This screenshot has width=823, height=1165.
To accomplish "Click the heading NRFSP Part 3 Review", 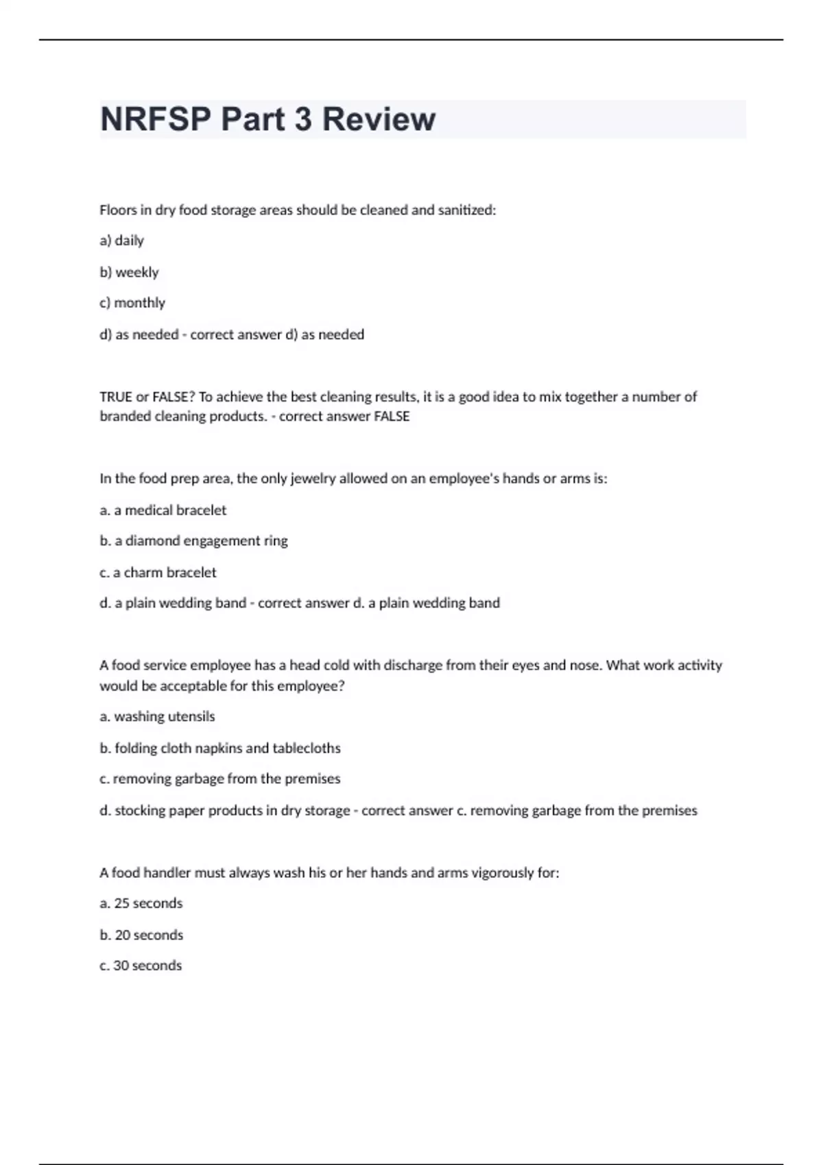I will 267,119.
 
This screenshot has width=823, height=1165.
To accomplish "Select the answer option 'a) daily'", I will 121,241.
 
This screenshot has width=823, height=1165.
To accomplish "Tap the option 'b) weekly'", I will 129,272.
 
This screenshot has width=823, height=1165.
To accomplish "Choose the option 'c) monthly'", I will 132,303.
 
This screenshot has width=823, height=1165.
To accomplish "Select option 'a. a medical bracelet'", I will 163,510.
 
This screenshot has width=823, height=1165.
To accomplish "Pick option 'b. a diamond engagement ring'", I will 193,541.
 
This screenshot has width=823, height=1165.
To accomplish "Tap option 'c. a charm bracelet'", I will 158,572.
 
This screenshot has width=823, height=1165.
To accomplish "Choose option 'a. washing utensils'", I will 157,717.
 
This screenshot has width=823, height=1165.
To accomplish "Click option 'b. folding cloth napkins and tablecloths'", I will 219,748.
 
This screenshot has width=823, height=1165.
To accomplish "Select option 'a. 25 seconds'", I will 141,903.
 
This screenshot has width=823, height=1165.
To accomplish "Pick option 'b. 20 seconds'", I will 141,935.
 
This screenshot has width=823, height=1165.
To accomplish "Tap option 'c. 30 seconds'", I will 141,966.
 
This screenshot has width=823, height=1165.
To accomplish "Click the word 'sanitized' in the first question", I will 466,210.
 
